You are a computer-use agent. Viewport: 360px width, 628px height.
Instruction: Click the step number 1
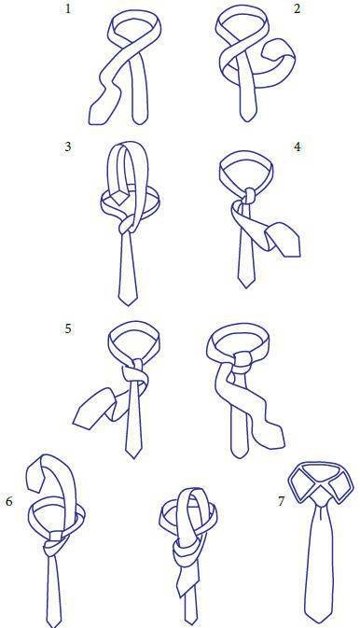tap(68, 8)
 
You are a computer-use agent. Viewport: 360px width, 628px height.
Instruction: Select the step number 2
tap(297, 8)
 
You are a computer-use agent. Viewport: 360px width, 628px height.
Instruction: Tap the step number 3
tap(68, 147)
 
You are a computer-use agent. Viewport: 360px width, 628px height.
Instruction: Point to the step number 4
tap(297, 147)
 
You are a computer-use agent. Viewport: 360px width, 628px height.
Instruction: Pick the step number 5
tap(68, 328)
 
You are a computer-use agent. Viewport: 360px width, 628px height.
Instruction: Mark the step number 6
tap(8, 501)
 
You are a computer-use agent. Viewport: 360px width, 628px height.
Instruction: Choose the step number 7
tap(281, 501)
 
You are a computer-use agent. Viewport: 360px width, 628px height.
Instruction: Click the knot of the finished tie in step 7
tap(320, 500)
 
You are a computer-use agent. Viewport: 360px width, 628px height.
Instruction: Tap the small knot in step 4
tap(249, 195)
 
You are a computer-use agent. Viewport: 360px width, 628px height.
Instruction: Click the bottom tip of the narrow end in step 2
tap(247, 120)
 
